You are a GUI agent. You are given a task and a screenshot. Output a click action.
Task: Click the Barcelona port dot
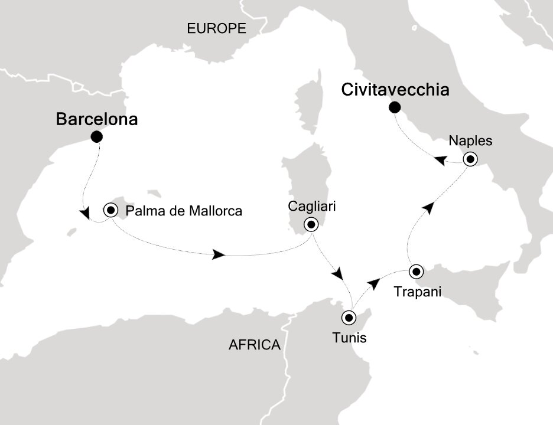(96, 137)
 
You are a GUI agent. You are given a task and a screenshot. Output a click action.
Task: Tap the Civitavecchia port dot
(394, 107)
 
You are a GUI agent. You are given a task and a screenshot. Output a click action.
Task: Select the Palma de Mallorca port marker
(110, 210)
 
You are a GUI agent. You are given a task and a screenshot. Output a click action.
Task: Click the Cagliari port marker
(310, 224)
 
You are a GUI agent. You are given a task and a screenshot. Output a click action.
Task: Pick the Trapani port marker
(417, 272)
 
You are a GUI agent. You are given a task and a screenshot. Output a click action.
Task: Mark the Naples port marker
(470, 159)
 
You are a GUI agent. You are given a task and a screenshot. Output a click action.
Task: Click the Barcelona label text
(97, 120)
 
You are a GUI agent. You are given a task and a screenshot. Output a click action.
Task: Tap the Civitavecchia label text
(395, 90)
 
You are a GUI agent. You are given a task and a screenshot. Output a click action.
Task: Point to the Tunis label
(349, 338)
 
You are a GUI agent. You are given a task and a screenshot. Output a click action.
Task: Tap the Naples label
(470, 141)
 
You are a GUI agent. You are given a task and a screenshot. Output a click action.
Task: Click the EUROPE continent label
(216, 28)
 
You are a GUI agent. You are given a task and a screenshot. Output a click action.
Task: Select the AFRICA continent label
(254, 345)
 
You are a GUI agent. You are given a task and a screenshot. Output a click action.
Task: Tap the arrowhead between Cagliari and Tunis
(339, 275)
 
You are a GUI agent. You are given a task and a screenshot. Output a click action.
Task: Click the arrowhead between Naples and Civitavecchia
(440, 160)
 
